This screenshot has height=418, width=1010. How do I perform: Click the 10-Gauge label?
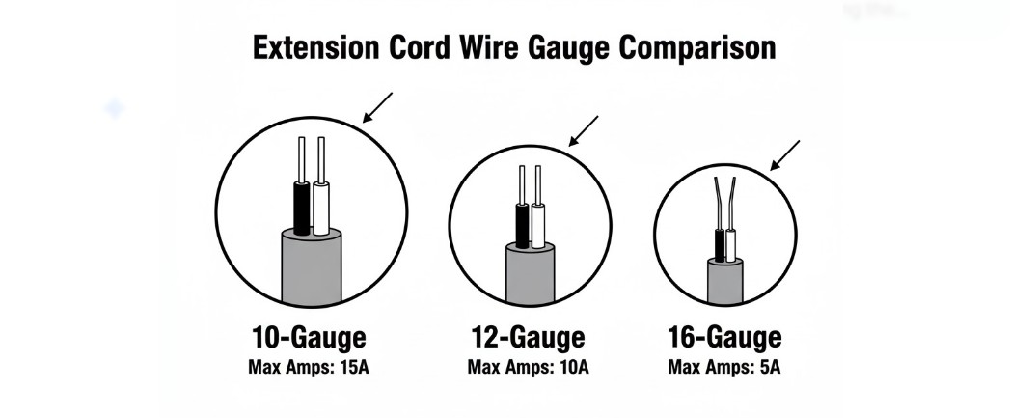click(309, 338)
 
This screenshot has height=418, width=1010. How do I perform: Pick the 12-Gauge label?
click(528, 338)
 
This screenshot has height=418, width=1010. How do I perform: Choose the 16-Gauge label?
click(724, 338)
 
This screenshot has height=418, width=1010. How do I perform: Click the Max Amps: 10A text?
click(528, 367)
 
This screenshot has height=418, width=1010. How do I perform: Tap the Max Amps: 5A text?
click(724, 367)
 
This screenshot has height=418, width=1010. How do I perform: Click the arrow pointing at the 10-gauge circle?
click(377, 107)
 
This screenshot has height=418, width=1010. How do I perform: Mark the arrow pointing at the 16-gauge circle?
click(785, 154)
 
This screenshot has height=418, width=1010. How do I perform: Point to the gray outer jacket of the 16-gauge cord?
click(725, 285)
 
